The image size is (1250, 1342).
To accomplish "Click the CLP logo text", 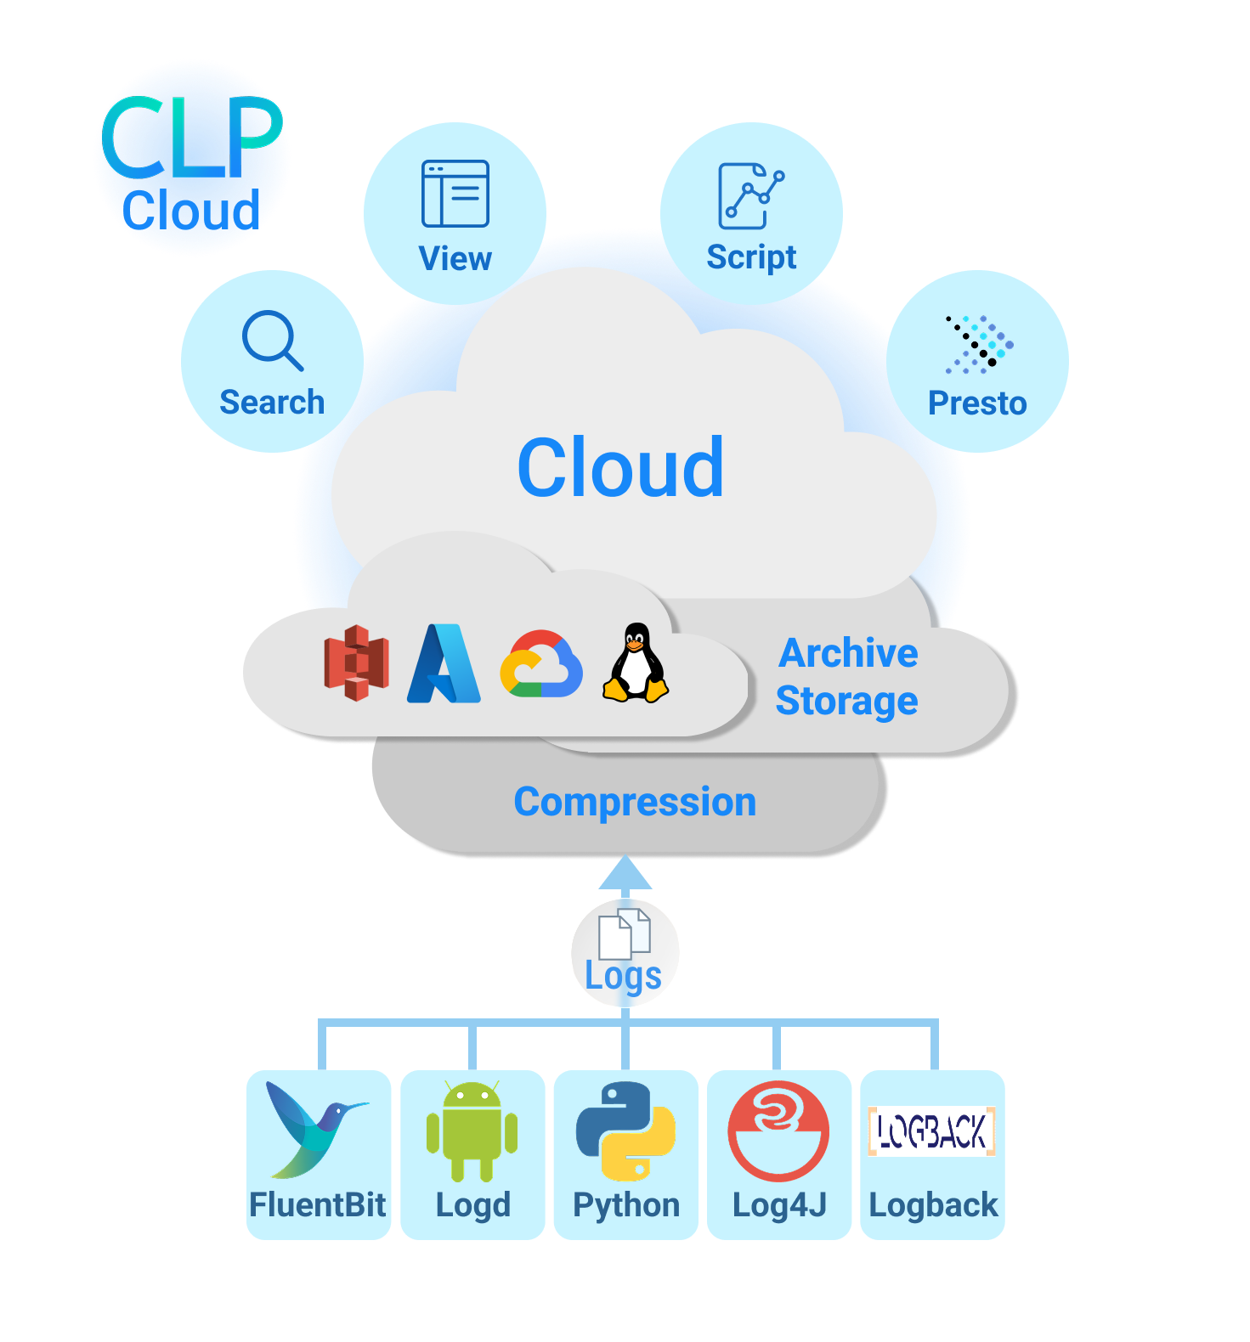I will click(x=191, y=138).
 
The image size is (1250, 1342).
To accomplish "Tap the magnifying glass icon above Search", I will click(x=271, y=340).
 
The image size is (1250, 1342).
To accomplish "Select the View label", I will click(x=455, y=259).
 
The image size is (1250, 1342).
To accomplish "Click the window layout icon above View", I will click(x=455, y=194).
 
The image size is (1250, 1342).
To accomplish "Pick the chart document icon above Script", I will click(x=749, y=195).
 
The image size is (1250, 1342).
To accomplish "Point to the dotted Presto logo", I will click(x=979, y=345).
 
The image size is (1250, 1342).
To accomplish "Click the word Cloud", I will click(x=620, y=468).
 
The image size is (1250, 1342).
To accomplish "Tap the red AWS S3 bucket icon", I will click(x=357, y=663).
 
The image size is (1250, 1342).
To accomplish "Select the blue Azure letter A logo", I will click(x=444, y=664).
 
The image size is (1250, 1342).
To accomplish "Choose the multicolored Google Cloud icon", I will click(x=541, y=664).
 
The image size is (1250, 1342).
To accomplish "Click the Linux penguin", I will click(x=636, y=663).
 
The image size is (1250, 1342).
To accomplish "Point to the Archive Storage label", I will click(x=847, y=677).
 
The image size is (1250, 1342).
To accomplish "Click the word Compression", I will click(x=635, y=802).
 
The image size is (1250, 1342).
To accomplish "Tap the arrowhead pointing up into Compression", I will click(x=625, y=874).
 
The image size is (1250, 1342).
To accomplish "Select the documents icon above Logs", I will click(x=625, y=933).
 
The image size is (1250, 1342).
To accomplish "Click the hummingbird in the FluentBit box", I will click(x=313, y=1129).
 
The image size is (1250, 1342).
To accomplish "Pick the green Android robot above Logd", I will click(x=472, y=1131).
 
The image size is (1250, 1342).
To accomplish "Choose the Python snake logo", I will click(x=625, y=1131).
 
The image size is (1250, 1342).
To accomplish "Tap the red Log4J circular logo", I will click(x=778, y=1131).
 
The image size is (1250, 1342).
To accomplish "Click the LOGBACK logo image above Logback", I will click(x=931, y=1131).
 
